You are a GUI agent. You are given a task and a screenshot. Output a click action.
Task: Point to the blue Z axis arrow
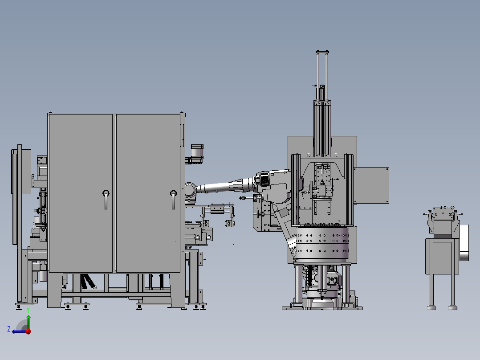pyautogui.click(x=18, y=331)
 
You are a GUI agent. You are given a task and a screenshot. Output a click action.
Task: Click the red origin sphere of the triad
pyautogui.click(x=28, y=331)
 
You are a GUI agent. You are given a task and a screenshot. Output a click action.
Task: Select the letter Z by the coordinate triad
pyautogui.click(x=9, y=329)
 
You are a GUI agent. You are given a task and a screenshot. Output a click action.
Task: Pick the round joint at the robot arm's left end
pyautogui.click(x=190, y=189)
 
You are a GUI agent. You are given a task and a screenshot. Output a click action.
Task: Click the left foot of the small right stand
pyautogui.click(x=431, y=307)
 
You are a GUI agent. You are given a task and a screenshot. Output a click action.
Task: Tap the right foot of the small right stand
pyautogui.click(x=453, y=307)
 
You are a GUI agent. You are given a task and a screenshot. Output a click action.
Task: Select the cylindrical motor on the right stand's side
pyautogui.click(x=465, y=243)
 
